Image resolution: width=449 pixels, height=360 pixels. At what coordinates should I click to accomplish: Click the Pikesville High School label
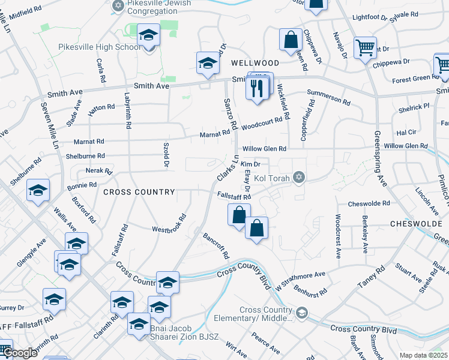[100, 47]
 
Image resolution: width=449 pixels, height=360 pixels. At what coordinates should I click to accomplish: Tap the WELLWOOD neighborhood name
[256, 63]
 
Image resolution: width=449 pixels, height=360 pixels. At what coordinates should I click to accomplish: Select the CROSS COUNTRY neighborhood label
[139, 192]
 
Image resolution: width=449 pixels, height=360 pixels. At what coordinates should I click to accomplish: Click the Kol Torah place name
[272, 178]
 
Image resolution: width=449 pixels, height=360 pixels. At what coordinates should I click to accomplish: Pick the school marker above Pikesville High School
[148, 36]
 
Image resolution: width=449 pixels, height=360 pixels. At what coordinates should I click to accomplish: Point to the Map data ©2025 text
[423, 355]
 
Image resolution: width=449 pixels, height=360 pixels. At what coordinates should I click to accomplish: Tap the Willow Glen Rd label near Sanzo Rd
[264, 149]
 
